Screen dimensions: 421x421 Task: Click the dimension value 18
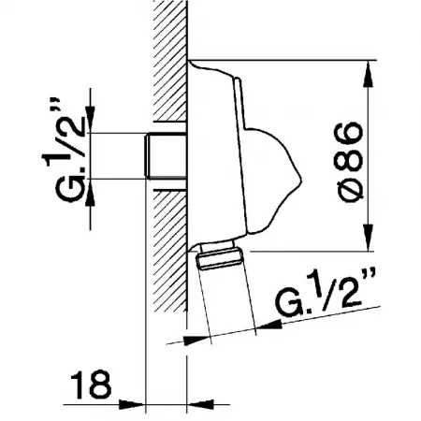[91, 385]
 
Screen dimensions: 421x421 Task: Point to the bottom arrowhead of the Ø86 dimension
[370, 237]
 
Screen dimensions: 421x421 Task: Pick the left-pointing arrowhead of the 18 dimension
[200, 405]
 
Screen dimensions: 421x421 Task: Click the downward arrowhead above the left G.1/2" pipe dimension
[90, 119]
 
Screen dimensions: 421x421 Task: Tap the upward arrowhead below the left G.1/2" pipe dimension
[90, 193]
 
